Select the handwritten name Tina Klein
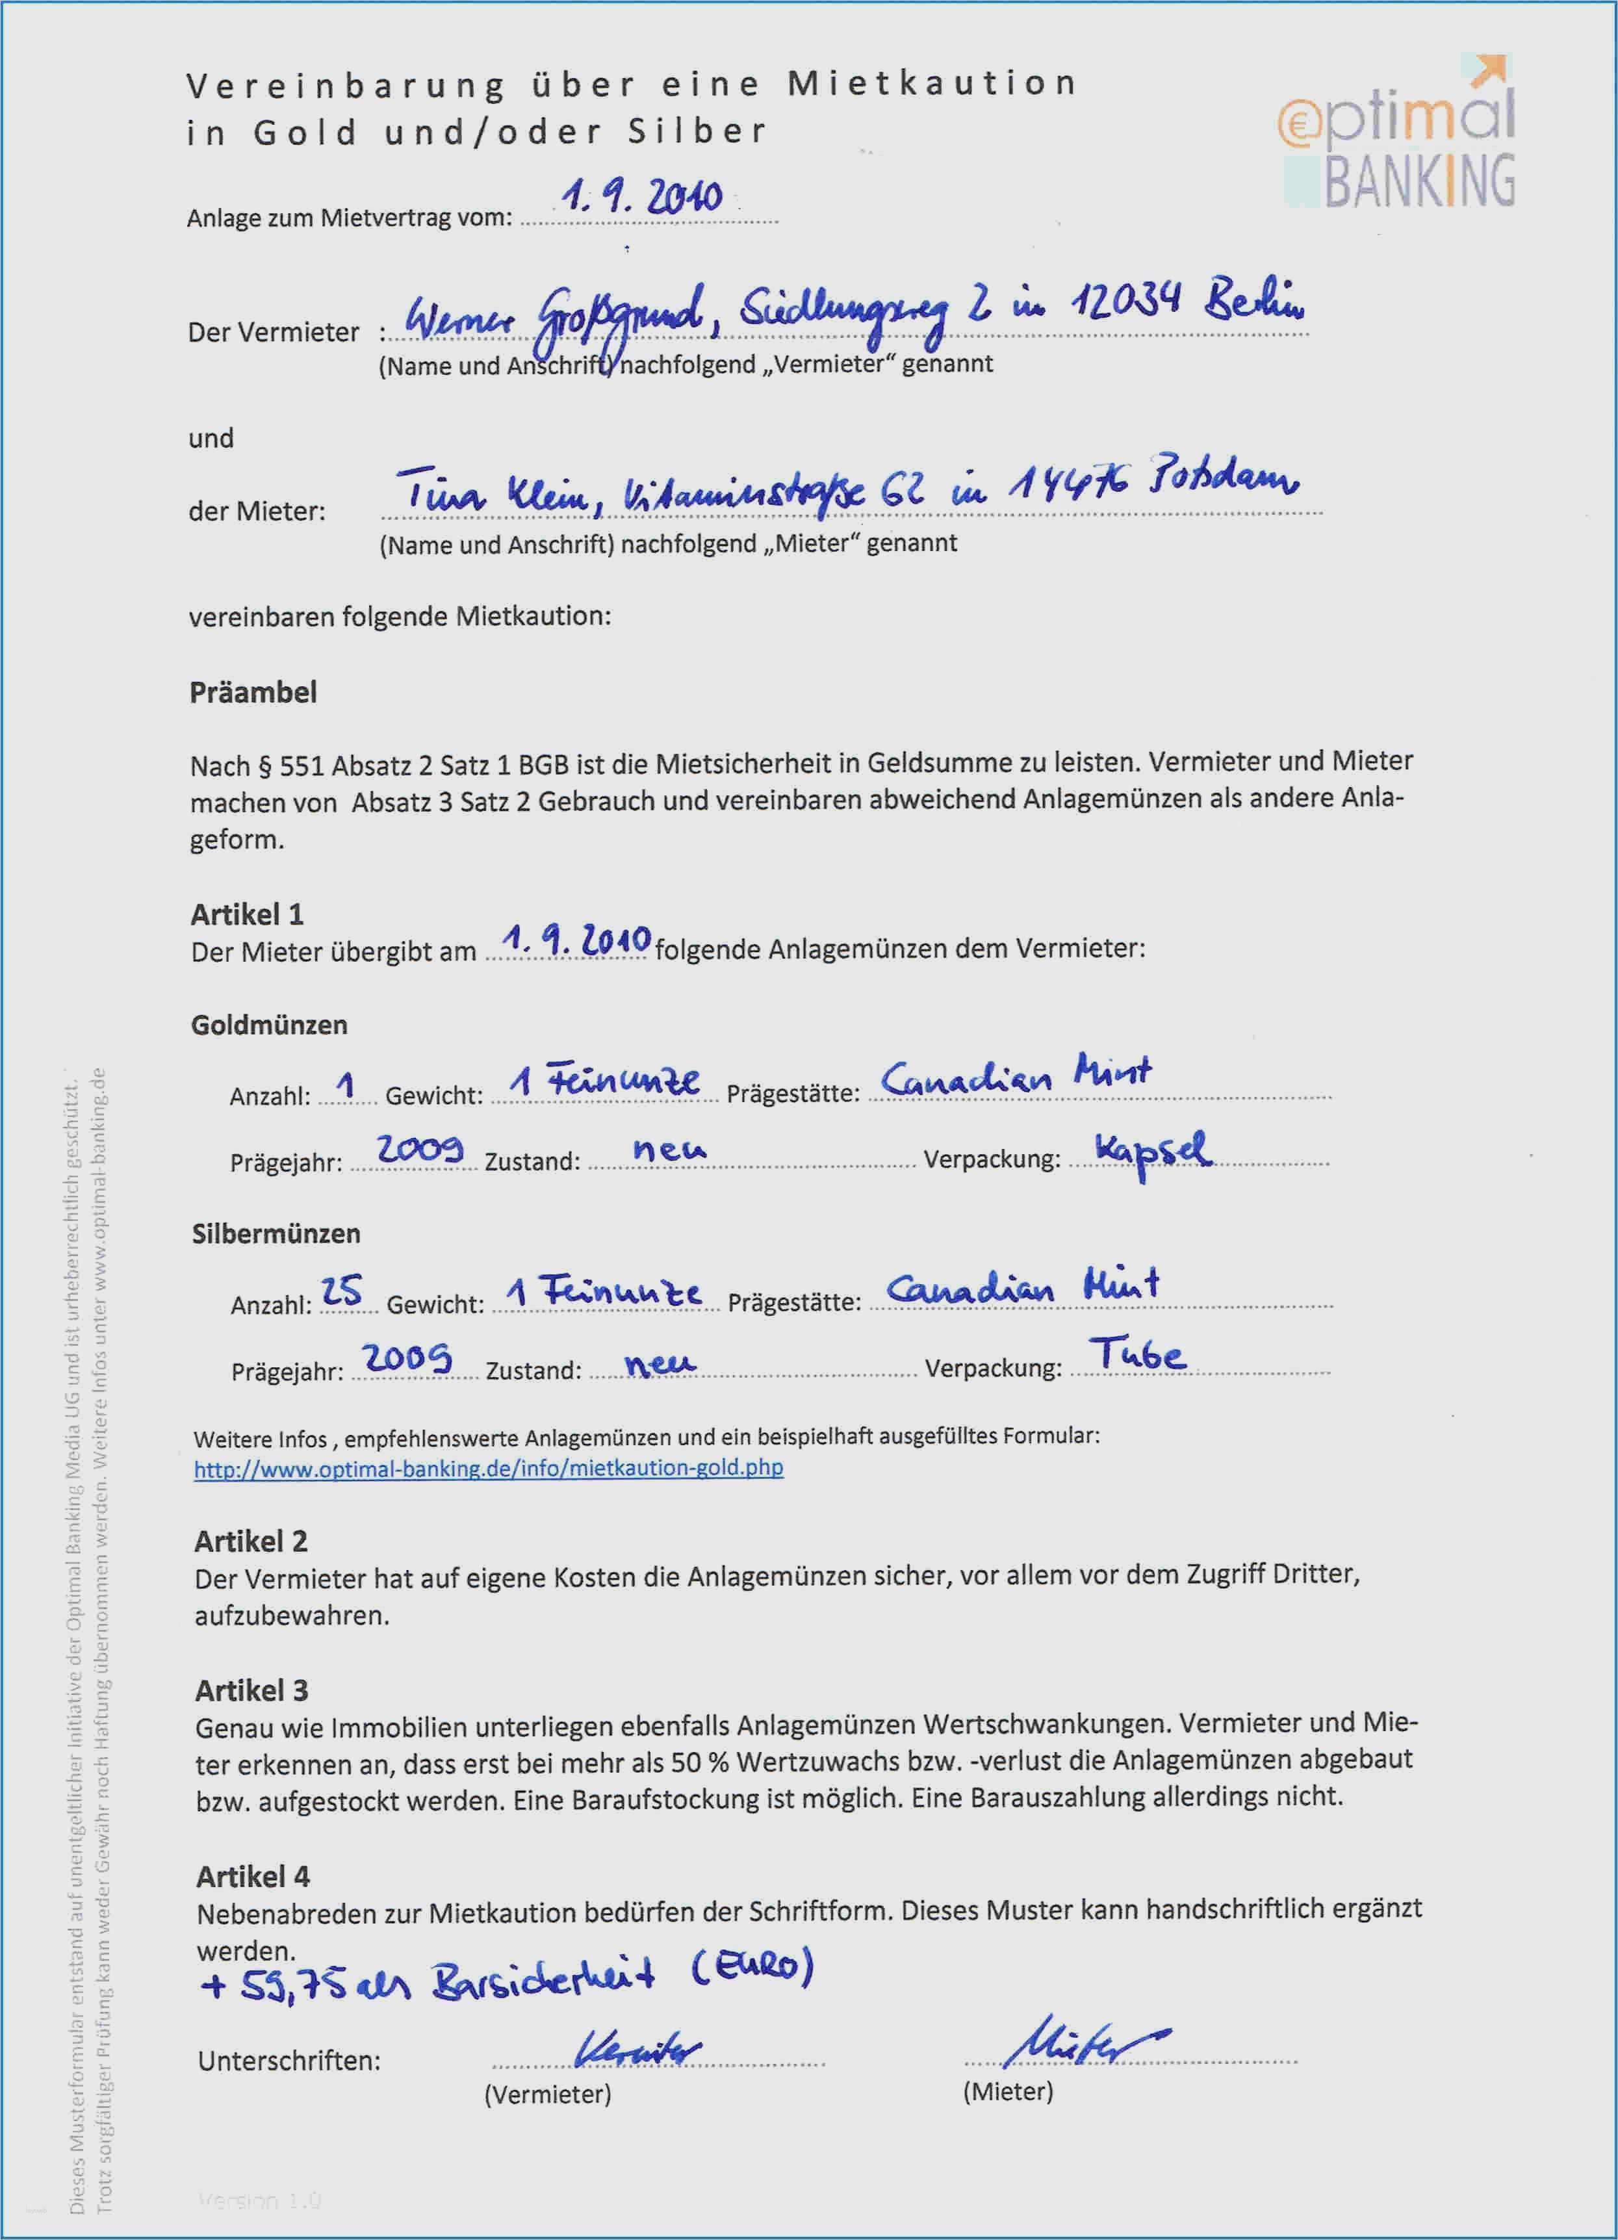click(499, 490)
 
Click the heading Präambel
click(253, 692)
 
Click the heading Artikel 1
click(247, 914)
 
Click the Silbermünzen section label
click(276, 1233)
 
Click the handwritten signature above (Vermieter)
click(637, 2050)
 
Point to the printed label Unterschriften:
click(289, 2061)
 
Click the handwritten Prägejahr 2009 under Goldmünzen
click(420, 1149)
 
